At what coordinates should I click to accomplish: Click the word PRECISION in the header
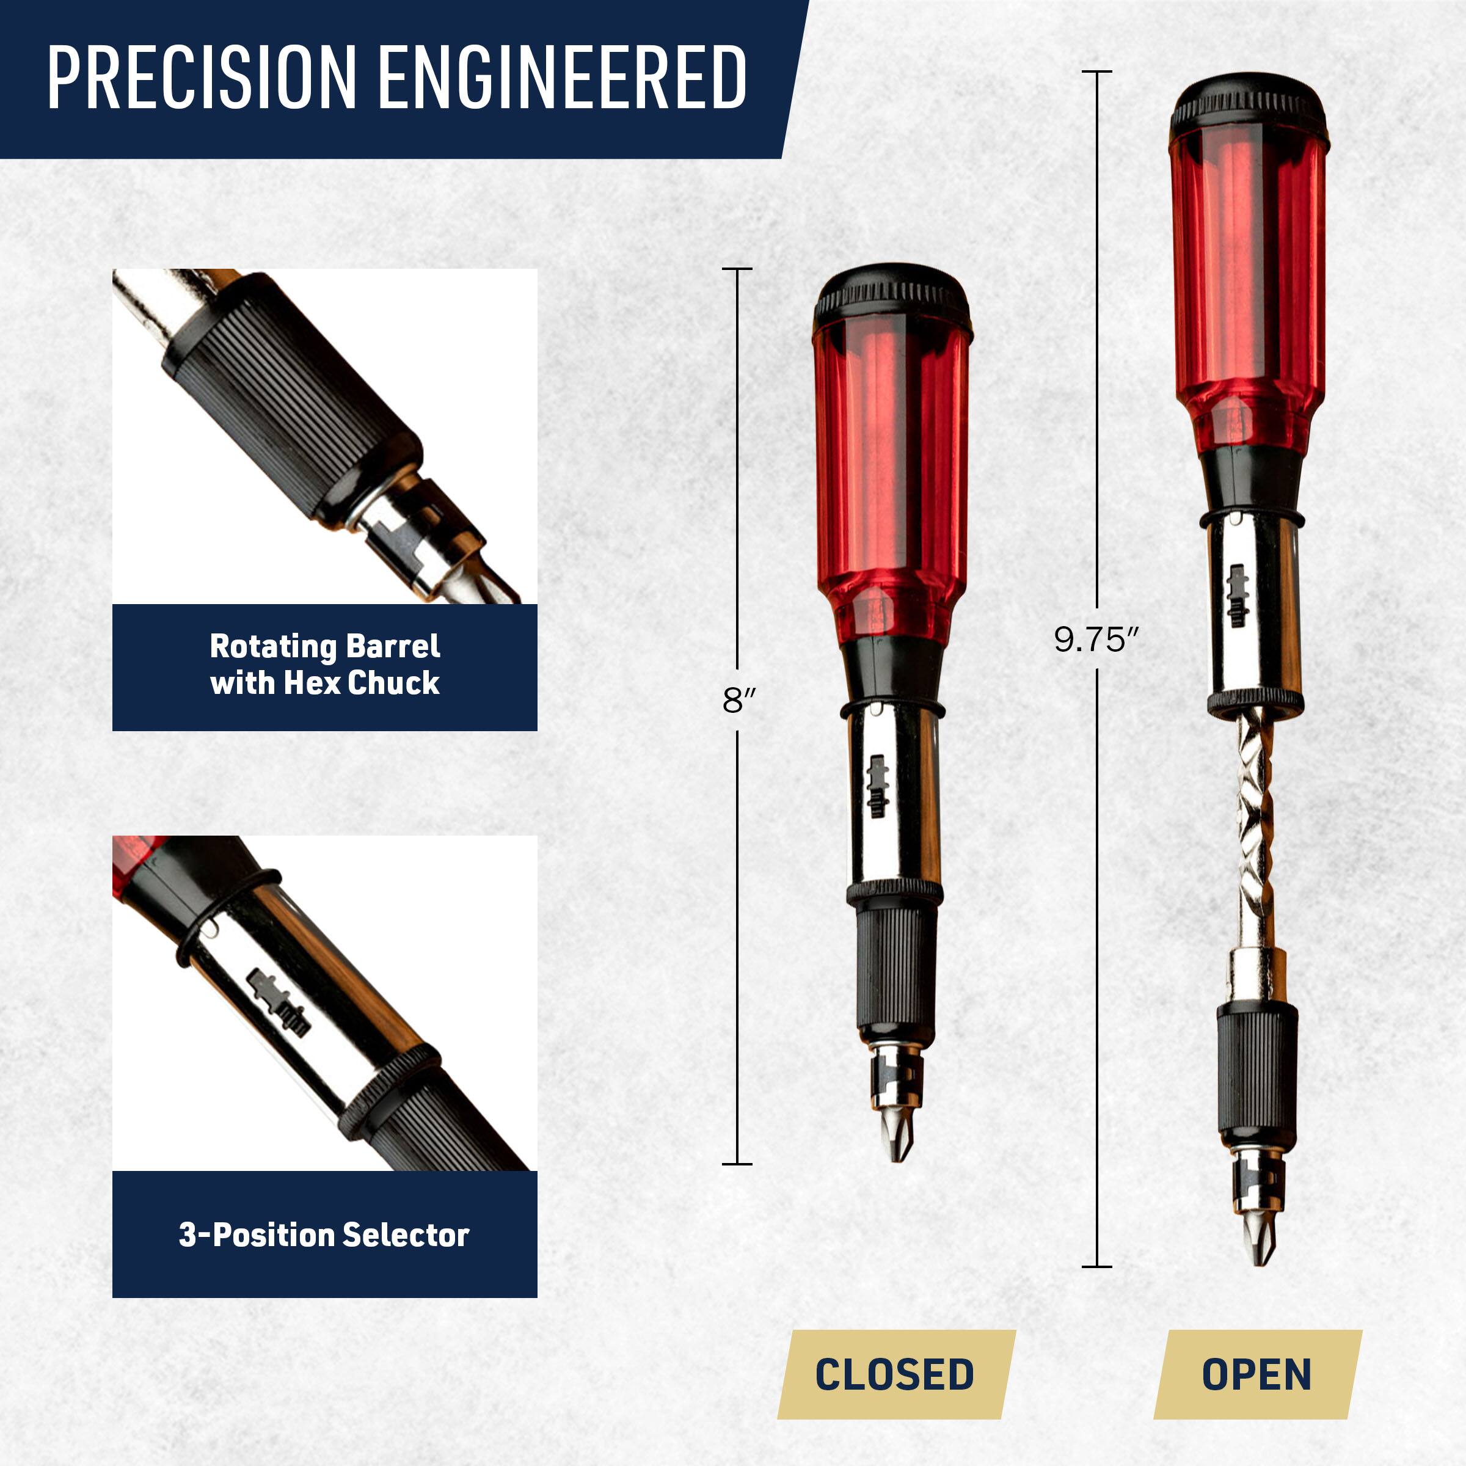202,78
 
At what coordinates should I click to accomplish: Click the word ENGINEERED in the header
561,78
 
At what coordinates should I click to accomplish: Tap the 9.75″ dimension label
1096,640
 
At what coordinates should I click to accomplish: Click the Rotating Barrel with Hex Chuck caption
325,665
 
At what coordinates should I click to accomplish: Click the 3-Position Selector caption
325,1234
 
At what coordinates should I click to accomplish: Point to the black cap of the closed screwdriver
892,296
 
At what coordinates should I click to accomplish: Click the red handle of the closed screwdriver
892,470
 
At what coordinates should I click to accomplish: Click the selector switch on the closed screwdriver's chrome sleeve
878,786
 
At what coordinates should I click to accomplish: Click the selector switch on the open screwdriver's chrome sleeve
1238,596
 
